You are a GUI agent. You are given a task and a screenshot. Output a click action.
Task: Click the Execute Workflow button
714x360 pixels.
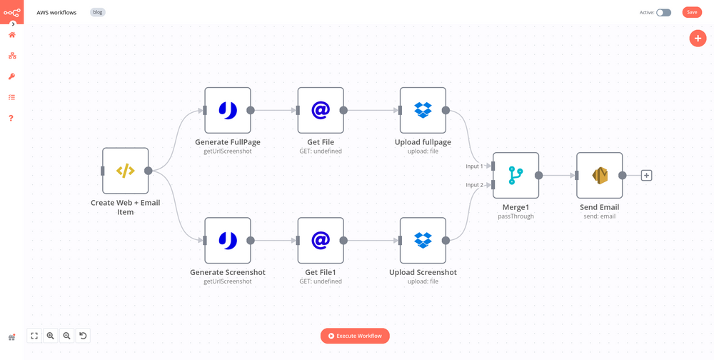click(355, 336)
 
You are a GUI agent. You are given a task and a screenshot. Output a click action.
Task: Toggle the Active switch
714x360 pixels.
click(663, 12)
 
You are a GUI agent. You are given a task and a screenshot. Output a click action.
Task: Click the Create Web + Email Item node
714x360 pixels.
click(125, 171)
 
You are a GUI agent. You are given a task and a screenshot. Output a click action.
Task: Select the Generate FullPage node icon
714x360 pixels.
click(227, 110)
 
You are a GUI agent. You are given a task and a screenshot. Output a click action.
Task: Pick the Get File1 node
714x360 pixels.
click(321, 241)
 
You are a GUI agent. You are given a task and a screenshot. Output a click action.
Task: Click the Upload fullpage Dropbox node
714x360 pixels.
click(423, 110)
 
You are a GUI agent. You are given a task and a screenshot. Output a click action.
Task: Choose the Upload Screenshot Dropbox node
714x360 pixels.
click(423, 241)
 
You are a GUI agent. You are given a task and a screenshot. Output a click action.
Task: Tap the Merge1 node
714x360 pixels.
click(516, 175)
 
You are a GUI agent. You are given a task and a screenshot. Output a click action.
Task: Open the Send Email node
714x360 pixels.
click(599, 175)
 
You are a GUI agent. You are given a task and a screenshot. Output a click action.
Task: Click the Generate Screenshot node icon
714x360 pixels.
click(227, 241)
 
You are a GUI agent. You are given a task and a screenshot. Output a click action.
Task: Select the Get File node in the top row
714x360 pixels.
click(321, 110)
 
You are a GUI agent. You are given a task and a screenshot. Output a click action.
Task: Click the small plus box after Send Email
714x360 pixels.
click(646, 175)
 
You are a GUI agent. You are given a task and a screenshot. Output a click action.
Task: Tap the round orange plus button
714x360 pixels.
click(698, 39)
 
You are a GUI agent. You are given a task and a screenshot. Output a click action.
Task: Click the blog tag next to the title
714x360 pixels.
click(98, 12)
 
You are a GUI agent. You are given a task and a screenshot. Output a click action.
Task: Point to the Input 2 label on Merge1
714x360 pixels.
click(474, 185)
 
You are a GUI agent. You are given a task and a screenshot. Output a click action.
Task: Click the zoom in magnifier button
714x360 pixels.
click(51, 336)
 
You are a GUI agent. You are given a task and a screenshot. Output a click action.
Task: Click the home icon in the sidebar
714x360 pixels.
click(11, 35)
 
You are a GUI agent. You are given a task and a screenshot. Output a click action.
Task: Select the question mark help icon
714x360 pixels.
click(11, 118)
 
